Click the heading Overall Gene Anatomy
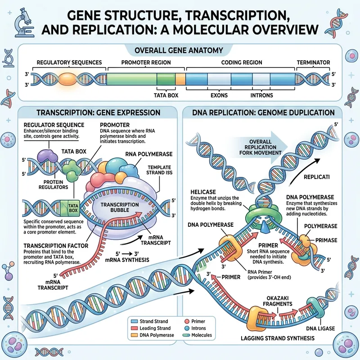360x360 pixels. (x=180, y=50)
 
